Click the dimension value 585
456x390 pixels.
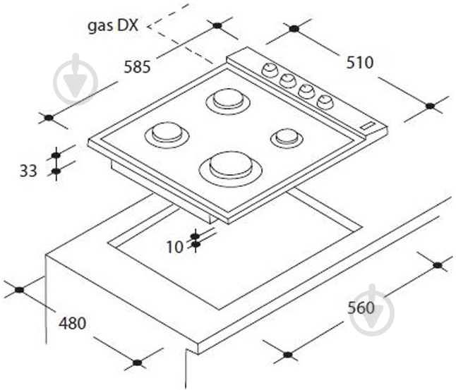(x=137, y=67)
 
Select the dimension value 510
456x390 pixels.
(x=360, y=63)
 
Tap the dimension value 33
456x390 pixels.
(x=28, y=171)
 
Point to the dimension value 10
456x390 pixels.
(x=175, y=248)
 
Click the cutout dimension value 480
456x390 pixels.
(x=73, y=323)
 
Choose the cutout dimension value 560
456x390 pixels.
(x=361, y=307)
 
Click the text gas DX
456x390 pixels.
(x=113, y=25)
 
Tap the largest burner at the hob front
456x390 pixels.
(x=231, y=169)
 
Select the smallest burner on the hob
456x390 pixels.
(x=287, y=138)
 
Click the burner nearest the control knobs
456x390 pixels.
(x=228, y=101)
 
